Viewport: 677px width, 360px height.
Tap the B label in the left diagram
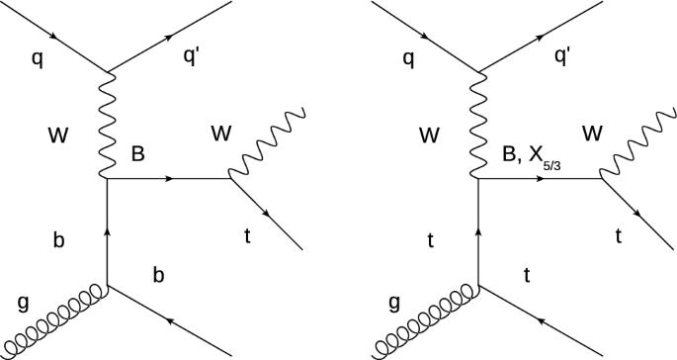136,154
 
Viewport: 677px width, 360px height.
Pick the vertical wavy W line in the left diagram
107,124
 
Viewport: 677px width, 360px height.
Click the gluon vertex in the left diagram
107,288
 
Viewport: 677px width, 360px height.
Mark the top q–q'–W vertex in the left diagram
107,70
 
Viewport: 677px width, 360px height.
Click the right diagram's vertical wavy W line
479,124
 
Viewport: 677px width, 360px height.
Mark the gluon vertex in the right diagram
479,288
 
